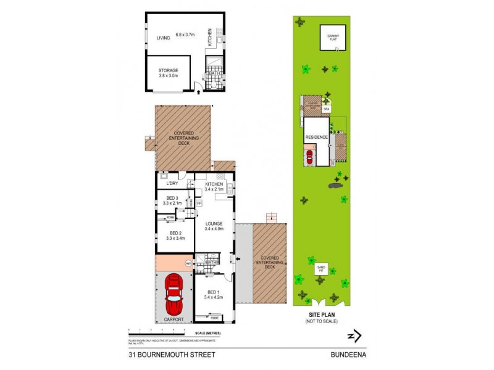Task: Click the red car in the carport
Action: pos(174,295)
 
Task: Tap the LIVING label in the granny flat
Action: pos(163,38)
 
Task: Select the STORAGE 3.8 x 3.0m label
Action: pos(168,73)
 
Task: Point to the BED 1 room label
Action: pos(213,294)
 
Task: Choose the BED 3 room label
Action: pos(173,200)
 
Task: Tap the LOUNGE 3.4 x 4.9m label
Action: pos(214,226)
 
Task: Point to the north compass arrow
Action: pos(354,335)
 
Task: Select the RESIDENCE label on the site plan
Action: pos(316,137)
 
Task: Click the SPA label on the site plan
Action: pos(326,109)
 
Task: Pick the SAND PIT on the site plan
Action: pos(320,268)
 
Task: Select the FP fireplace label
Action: pos(199,203)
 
